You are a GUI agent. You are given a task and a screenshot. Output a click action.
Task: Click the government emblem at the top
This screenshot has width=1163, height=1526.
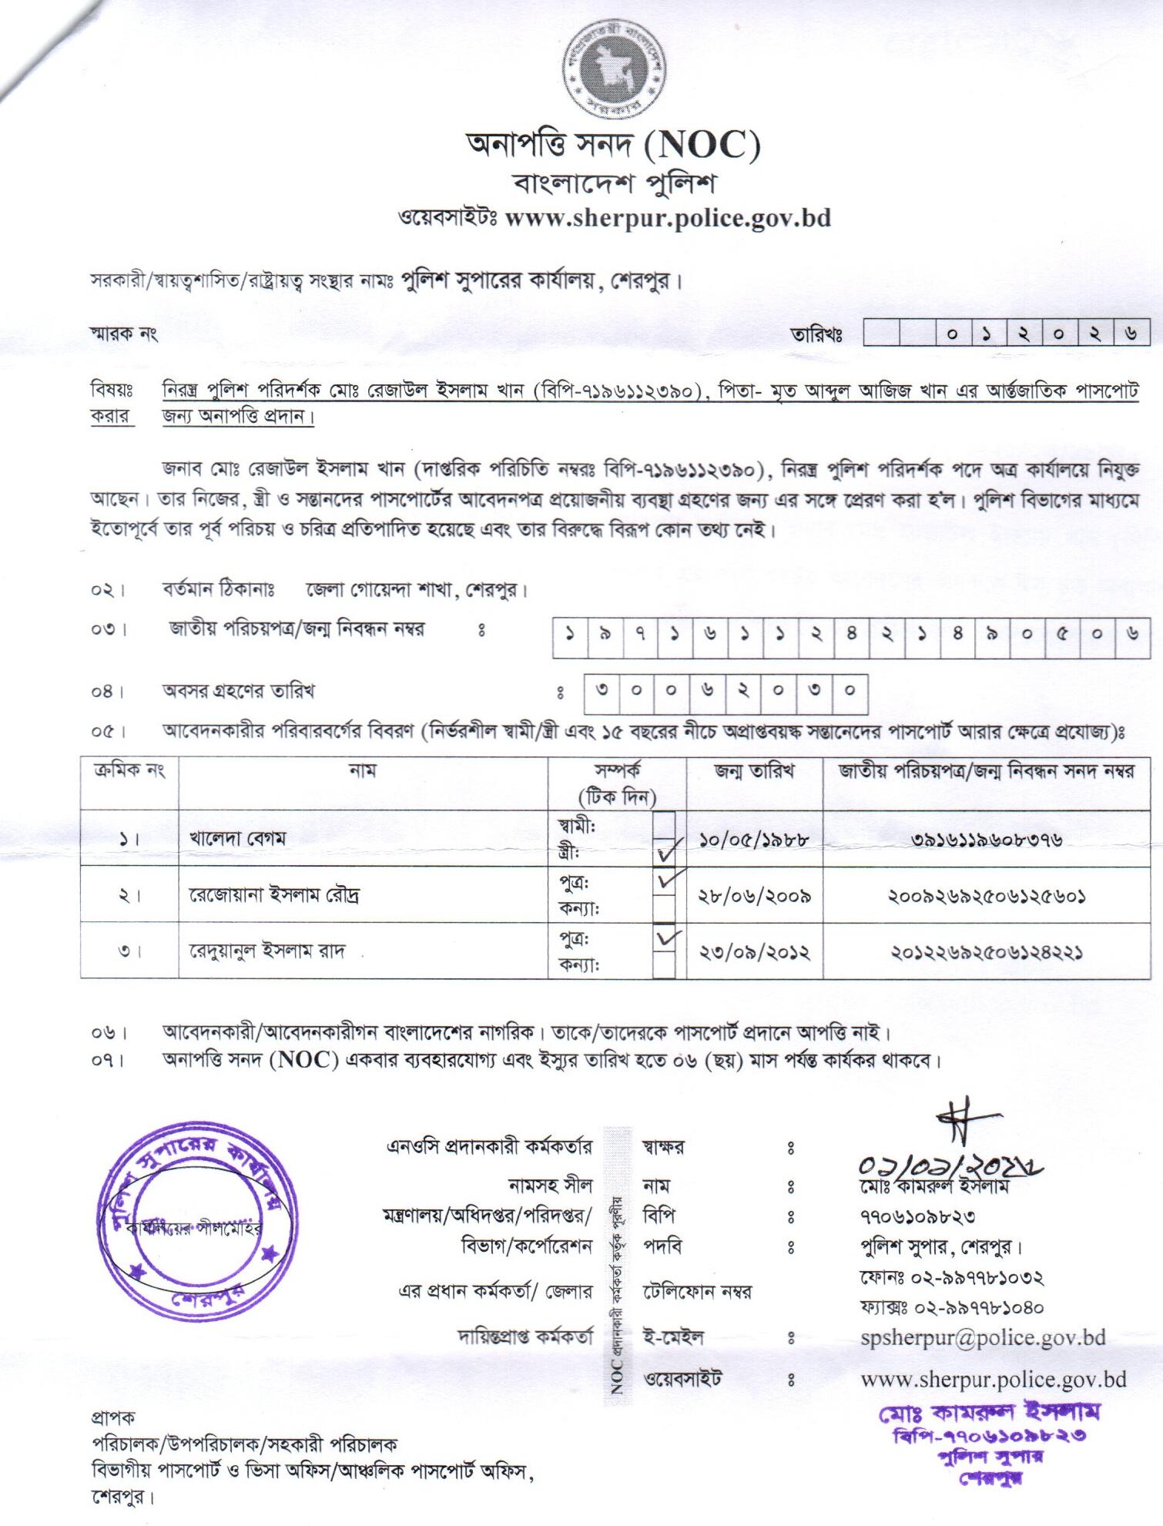pos(615,71)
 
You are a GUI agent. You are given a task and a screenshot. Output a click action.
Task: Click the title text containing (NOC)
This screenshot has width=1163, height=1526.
pos(613,145)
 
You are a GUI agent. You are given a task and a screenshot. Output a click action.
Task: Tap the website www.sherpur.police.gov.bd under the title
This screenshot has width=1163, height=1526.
pos(667,218)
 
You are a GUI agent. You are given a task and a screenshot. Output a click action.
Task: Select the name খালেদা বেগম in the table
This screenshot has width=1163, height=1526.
pos(237,838)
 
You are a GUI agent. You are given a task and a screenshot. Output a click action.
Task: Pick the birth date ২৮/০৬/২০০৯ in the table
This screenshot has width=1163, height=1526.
pos(754,896)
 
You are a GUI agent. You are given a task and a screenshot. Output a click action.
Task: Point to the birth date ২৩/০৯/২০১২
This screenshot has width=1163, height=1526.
pos(754,952)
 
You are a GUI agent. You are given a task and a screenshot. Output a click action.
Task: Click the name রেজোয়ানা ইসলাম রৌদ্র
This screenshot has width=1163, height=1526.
pos(274,895)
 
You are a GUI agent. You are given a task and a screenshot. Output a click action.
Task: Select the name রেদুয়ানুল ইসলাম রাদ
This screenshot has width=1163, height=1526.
pos(267,951)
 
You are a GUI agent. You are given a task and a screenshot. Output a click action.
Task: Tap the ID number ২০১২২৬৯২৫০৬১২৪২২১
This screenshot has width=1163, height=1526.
pos(987,952)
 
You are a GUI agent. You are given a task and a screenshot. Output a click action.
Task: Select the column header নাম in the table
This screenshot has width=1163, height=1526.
pos(362,770)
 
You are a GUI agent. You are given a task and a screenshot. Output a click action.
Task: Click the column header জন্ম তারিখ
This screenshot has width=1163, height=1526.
pos(754,770)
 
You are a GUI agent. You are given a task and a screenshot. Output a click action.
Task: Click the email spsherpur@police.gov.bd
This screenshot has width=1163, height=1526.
pos(983,1337)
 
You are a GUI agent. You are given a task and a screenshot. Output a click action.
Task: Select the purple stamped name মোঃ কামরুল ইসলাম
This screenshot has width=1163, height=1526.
pos(989,1412)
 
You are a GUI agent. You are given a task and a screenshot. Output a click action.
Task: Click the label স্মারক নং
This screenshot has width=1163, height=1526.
pos(124,334)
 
